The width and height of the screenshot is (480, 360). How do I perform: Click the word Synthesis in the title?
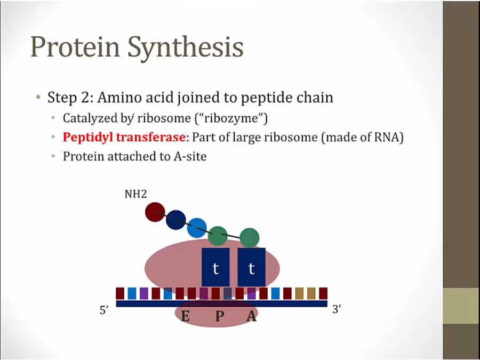[186, 47]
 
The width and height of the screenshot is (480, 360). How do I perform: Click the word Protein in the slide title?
[75, 46]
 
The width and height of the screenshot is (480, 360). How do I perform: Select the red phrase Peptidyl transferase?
[124, 137]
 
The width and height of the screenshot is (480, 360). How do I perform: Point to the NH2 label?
[135, 194]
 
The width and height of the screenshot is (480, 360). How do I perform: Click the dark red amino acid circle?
[155, 212]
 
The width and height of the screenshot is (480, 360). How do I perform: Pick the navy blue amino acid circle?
[175, 220]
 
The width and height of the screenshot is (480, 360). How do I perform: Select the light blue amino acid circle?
[197, 228]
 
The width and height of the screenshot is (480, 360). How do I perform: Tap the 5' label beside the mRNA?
[104, 310]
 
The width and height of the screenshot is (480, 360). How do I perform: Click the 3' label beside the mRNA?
[337, 309]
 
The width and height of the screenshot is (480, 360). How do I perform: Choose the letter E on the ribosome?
[185, 316]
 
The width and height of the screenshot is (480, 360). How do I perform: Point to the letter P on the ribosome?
[219, 316]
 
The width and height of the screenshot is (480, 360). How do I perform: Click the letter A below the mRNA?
[252, 316]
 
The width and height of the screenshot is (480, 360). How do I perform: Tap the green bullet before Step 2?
[38, 98]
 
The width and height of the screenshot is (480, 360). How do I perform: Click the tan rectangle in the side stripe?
[461, 306]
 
